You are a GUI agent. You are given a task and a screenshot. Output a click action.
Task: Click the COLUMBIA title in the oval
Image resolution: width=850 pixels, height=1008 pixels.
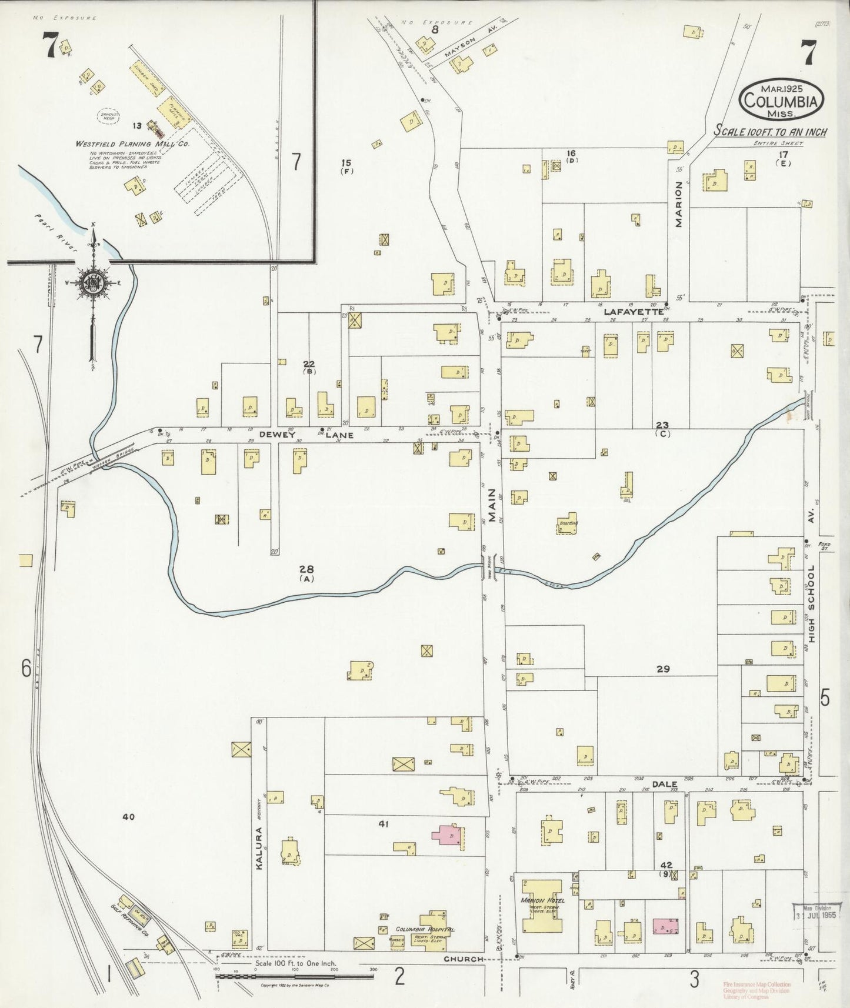point(781,101)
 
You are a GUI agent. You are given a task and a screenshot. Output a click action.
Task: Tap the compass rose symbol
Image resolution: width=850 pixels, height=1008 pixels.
point(93,282)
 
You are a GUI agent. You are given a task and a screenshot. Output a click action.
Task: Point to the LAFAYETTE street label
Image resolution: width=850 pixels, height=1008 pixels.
point(634,313)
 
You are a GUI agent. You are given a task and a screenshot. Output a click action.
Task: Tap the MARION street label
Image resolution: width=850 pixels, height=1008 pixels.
point(679,203)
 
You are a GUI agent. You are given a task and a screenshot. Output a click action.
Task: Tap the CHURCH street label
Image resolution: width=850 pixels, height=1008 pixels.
point(464,959)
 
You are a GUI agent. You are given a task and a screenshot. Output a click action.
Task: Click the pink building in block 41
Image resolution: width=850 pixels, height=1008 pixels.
point(447,836)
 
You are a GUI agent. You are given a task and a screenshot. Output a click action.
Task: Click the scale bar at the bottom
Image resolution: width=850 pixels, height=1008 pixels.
point(294,976)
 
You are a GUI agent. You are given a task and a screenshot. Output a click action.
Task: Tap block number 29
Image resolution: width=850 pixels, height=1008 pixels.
point(663,669)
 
